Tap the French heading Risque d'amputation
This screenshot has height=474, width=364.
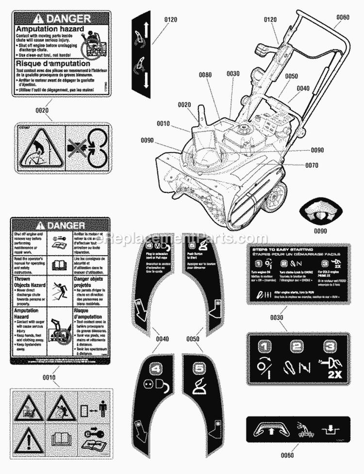[x=52, y=63]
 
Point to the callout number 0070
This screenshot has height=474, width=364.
[x=312, y=165]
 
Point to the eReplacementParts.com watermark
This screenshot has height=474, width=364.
[x=182, y=238]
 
